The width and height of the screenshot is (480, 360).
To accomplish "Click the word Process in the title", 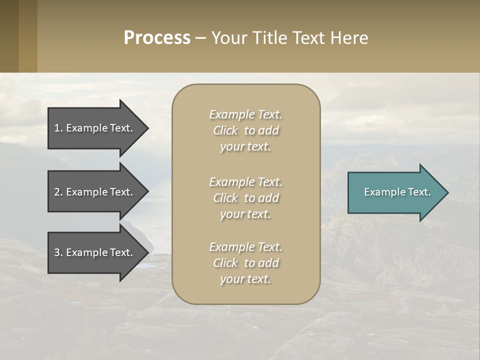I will [157, 38].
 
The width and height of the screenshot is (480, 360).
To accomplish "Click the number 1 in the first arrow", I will [57, 128].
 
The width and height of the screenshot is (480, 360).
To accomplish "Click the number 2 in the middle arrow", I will [57, 192].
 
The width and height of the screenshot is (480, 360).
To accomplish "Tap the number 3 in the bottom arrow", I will [57, 252].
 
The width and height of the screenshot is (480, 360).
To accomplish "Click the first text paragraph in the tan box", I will [245, 130].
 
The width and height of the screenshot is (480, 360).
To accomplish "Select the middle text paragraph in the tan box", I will [245, 198].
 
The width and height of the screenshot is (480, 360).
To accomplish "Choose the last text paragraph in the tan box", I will [245, 263].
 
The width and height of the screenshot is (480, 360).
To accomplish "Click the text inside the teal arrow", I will [397, 192].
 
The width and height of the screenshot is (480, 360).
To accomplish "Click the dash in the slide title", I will [200, 38].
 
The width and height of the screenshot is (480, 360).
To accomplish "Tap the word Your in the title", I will [228, 38].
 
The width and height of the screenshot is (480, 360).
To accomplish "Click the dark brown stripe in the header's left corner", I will [9, 36].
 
